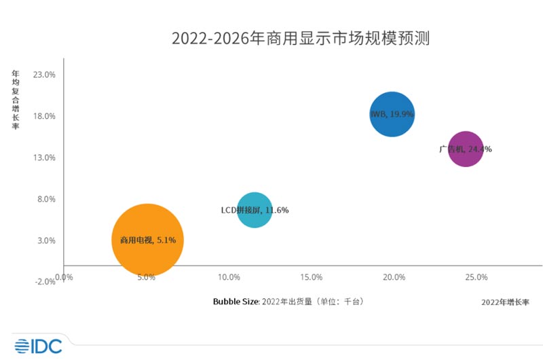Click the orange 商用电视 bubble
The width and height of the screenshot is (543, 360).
148,239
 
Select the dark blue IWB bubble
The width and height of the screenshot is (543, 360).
392,114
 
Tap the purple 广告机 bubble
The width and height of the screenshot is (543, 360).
465,149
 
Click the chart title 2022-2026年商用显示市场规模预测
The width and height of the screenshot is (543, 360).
301,38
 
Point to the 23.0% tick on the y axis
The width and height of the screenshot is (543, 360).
44,75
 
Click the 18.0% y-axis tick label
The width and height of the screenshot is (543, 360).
44,116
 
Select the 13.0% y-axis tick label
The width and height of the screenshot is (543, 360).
44,158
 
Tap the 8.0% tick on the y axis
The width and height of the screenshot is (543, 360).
46,199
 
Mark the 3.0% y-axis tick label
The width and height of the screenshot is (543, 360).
46,240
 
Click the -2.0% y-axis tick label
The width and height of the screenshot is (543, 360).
45,282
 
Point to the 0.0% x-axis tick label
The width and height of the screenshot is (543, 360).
64,277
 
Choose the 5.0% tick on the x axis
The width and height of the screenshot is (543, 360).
147,277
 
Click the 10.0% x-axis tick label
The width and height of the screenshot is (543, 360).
229,277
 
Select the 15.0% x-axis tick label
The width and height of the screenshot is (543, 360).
312,277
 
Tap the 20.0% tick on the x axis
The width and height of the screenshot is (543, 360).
394,277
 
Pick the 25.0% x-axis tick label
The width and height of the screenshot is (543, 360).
476,277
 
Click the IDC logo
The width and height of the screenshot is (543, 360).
38,346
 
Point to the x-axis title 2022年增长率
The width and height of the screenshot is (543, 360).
505,302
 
